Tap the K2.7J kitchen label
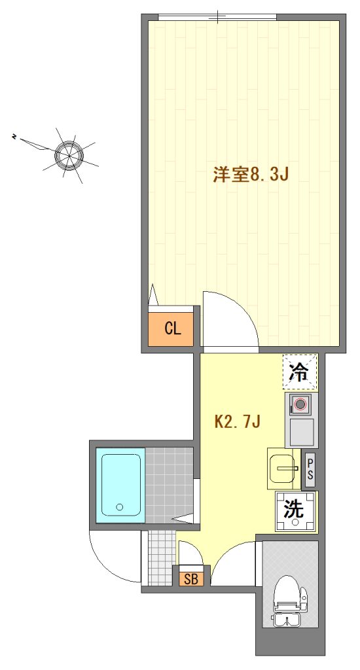coord(238,422)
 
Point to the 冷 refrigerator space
coord(300,372)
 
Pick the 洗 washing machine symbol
coord(295,512)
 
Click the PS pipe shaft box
coord(310,470)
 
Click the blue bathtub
coord(120,485)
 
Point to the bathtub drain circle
coord(120,507)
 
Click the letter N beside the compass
coord(14,137)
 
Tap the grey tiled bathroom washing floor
coord(169,485)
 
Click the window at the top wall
coord(217,16)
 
